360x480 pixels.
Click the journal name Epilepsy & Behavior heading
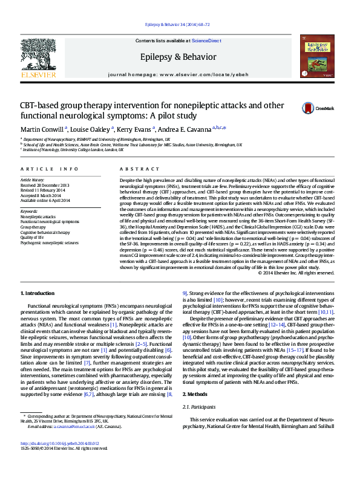click(180, 57)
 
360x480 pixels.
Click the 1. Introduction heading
click(38, 293)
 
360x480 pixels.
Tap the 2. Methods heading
click(195, 410)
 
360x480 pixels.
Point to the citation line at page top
click(180, 25)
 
